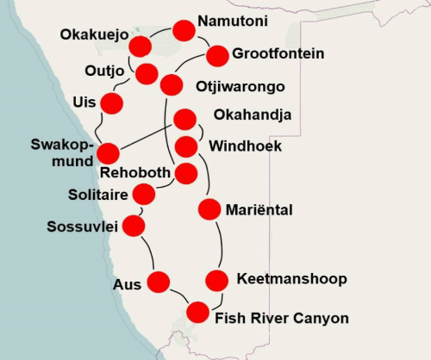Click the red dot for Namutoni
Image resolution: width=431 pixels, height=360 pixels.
(184, 31)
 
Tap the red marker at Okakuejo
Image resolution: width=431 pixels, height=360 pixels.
(140, 47)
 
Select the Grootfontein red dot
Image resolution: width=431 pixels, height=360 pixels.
(217, 55)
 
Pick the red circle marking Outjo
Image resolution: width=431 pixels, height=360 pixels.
(147, 73)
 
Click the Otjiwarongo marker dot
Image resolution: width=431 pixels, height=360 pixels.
(172, 85)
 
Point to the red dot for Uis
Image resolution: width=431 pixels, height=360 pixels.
(112, 103)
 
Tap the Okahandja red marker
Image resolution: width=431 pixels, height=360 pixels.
(184, 119)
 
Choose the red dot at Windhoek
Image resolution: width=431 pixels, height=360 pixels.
(186, 146)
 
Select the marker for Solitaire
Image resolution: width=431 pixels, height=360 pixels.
(144, 194)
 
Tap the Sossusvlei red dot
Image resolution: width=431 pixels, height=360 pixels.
(134, 226)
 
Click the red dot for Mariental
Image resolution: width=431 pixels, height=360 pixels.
(209, 208)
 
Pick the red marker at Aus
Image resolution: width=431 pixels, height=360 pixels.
(159, 281)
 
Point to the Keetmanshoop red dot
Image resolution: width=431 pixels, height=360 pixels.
(217, 280)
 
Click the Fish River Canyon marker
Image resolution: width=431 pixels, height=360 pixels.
(198, 312)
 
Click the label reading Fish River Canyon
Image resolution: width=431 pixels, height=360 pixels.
(281, 319)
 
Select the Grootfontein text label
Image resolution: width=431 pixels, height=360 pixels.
(278, 53)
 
